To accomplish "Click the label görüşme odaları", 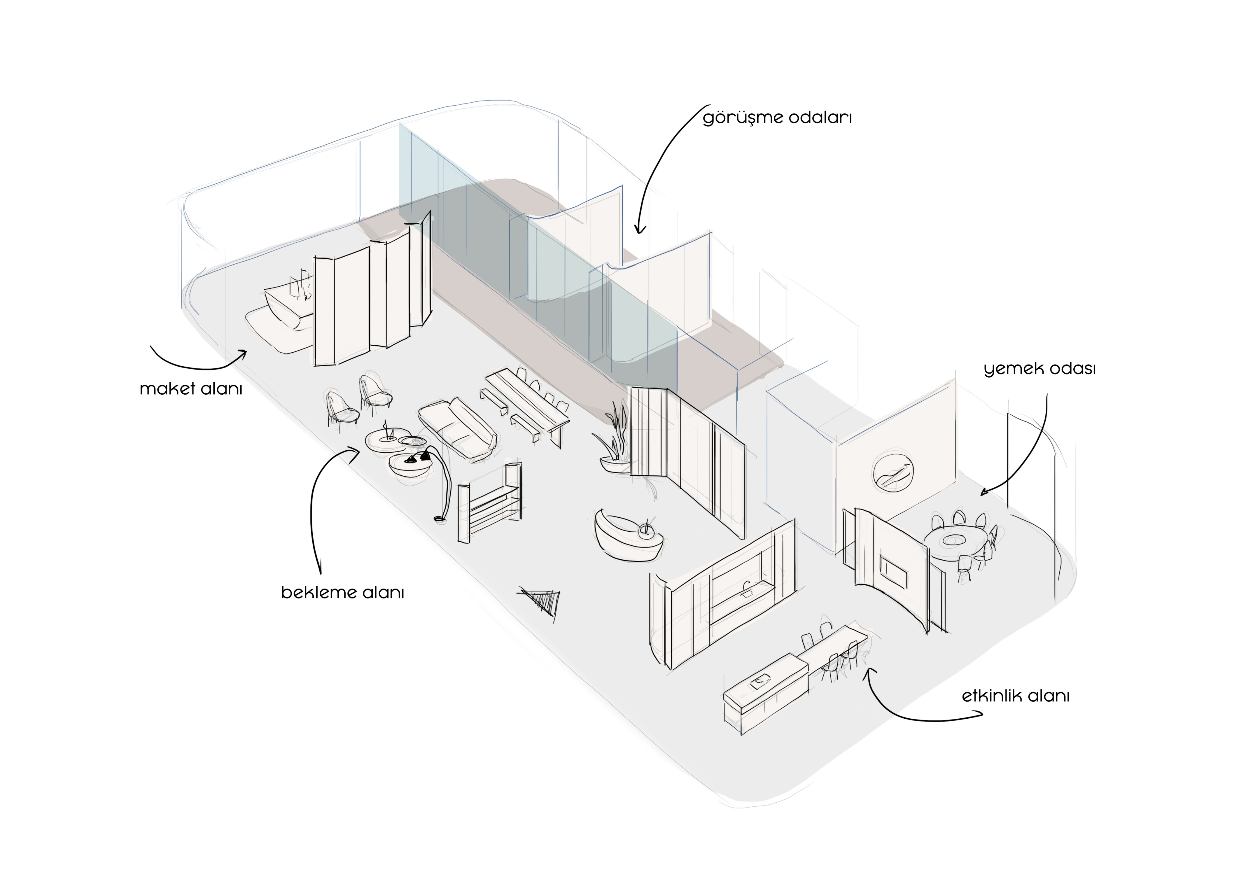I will point(777,118).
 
